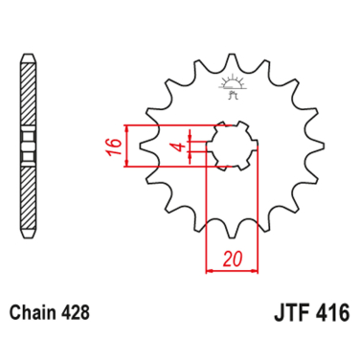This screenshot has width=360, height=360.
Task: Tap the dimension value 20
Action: coord(230,259)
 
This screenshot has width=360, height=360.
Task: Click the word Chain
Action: coord(36,313)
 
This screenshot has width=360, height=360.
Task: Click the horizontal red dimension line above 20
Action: coord(230,272)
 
